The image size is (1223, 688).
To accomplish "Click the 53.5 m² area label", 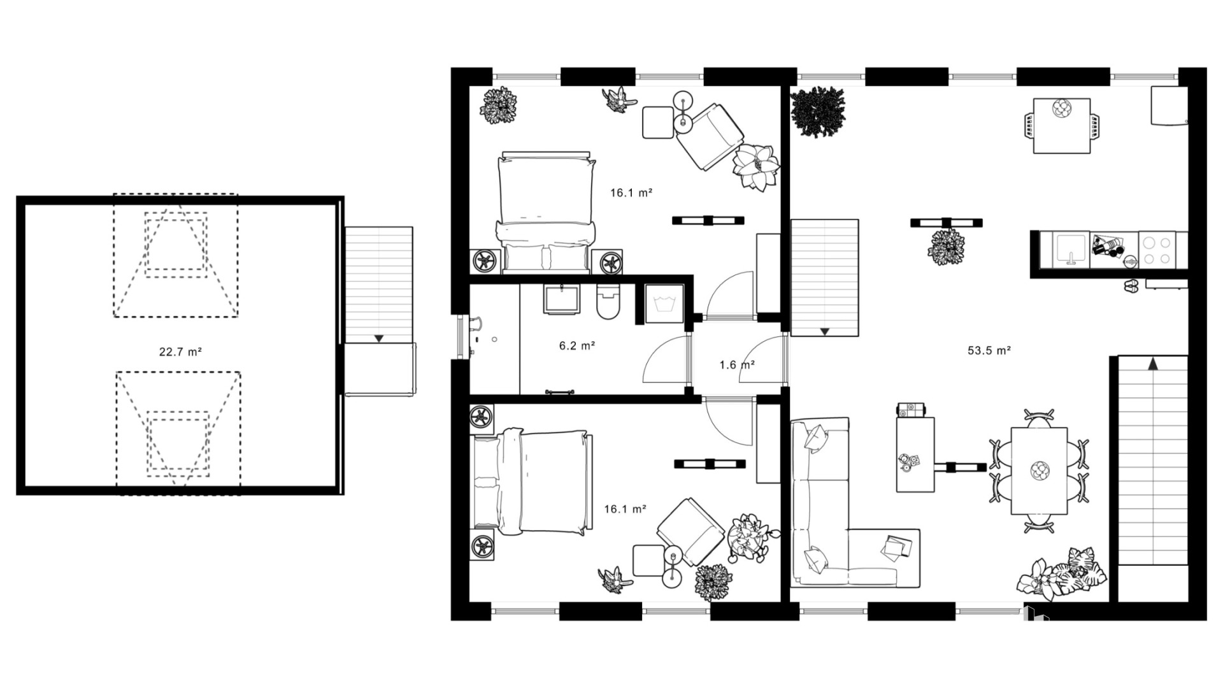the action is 989,350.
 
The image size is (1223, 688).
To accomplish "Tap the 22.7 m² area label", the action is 180,351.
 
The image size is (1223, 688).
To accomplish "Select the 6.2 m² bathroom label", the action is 577,345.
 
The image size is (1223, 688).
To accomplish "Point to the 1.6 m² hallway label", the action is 737,365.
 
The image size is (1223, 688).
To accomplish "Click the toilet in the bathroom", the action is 609,301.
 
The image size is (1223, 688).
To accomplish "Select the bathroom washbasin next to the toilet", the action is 562,299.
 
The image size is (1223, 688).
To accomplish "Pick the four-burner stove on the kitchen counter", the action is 1157,250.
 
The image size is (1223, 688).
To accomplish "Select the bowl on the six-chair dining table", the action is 1040,471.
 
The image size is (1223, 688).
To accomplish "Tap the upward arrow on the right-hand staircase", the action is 1153,364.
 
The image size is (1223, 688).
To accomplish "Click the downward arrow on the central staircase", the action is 824,331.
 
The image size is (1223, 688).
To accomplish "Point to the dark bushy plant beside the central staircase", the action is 818,112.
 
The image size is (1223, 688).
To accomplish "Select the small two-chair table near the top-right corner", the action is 1061,125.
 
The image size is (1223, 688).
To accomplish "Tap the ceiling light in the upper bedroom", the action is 709,221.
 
